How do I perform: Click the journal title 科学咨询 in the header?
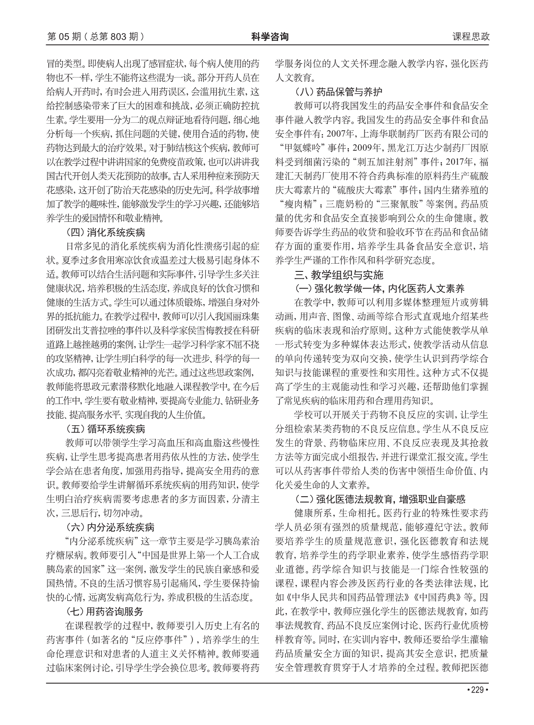[270, 37]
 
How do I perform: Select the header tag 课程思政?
[471, 37]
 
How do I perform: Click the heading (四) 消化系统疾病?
[105, 233]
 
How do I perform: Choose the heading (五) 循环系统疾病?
[105, 429]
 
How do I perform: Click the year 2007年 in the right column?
[338, 134]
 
